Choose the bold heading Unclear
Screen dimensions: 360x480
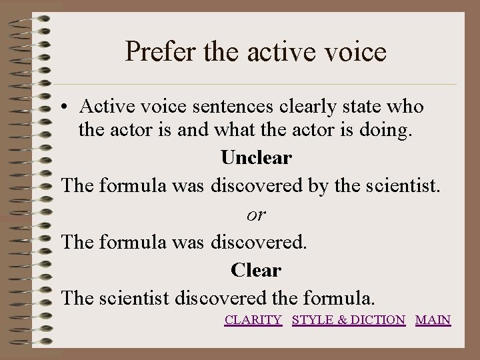point(256,158)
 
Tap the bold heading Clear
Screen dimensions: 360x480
point(256,270)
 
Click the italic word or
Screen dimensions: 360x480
point(256,214)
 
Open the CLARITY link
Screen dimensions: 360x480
point(253,320)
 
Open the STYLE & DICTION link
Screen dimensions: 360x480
point(349,320)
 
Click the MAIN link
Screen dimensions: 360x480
point(433,320)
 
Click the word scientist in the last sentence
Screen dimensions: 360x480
point(136,297)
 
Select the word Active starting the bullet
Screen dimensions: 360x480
point(105,106)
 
